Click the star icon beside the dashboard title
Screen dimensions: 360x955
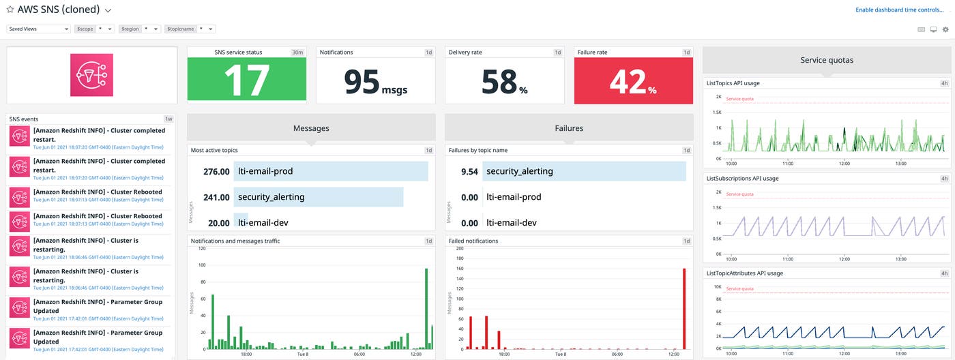click(x=10, y=10)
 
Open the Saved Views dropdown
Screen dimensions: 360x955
click(x=38, y=29)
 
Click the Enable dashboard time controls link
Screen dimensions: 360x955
click(x=899, y=10)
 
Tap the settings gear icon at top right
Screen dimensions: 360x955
click(x=945, y=29)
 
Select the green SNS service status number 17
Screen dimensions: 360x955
click(x=246, y=80)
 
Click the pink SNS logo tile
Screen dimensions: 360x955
click(x=91, y=75)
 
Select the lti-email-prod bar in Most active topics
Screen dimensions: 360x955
click(x=331, y=171)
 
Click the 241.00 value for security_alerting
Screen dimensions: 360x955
click(x=216, y=197)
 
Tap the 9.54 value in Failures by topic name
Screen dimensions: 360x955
click(x=469, y=171)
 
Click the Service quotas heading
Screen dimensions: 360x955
click(x=827, y=60)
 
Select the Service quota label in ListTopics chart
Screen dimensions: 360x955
click(x=741, y=99)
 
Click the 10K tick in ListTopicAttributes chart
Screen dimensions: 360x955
click(x=717, y=287)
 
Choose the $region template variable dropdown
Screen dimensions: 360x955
click(x=140, y=29)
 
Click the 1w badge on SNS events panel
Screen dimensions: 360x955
click(x=168, y=119)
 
